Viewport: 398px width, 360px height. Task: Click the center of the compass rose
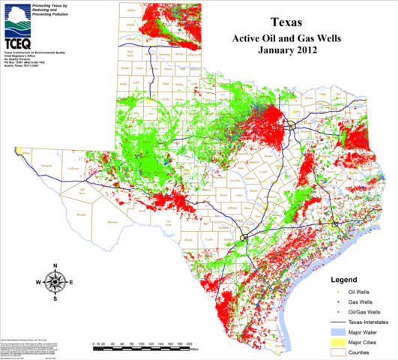click(55, 283)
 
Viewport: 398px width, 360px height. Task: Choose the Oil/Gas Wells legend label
click(367, 310)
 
